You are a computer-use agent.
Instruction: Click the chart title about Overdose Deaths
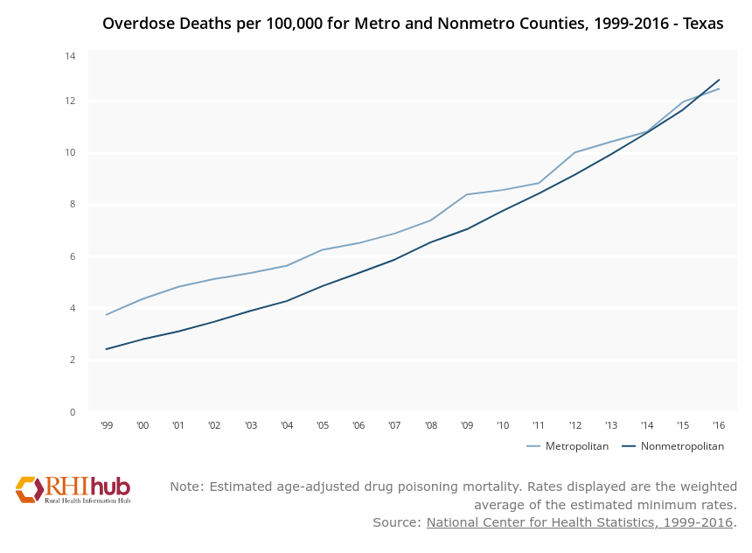coord(412,24)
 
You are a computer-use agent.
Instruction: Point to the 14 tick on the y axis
coord(70,56)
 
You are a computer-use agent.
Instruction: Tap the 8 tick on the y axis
coord(72,205)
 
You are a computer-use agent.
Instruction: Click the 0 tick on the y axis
coord(72,412)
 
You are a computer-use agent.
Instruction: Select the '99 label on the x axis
coord(107,426)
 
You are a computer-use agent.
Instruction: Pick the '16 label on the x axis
coord(719,426)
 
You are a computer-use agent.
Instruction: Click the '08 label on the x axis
coord(430,426)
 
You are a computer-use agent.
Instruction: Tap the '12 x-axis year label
coord(574,426)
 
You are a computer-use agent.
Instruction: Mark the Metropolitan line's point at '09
coord(467,194)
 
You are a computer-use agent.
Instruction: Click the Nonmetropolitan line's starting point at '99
coord(107,349)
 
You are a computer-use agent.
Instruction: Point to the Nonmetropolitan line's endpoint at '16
coord(719,80)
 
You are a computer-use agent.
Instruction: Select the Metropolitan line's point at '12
coord(574,152)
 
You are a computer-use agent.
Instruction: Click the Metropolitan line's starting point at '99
coord(107,315)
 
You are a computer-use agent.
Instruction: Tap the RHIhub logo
coord(73,489)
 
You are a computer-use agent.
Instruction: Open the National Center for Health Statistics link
coord(579,522)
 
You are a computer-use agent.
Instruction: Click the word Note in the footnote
coord(185,486)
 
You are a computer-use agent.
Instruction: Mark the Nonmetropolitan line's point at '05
coord(323,286)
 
